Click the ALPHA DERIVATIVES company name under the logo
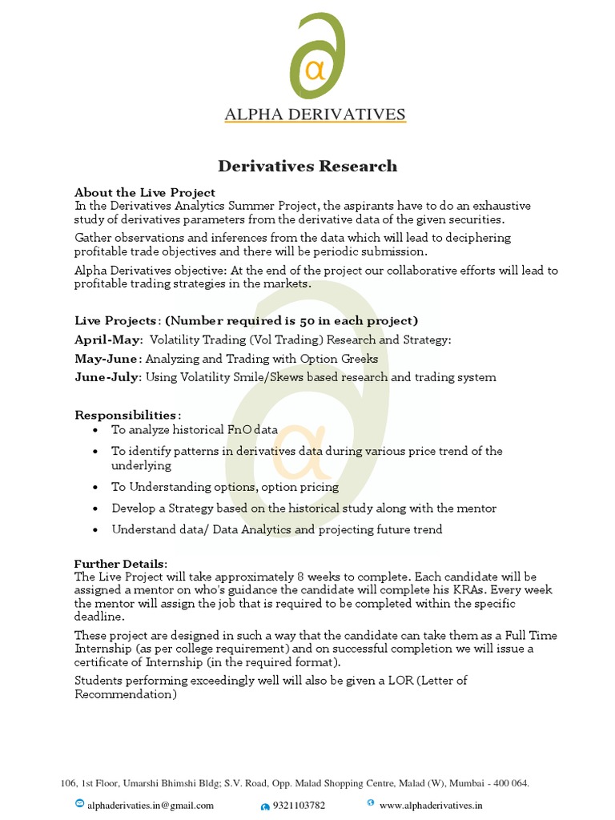[315, 114]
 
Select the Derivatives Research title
[307, 167]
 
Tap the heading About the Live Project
[145, 192]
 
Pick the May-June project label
[107, 359]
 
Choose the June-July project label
[108, 377]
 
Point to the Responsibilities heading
[127, 415]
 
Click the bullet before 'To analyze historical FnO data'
[96, 430]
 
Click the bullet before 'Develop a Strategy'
[96, 508]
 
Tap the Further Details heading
[121, 564]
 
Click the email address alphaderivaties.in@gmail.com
[151, 806]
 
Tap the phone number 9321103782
[299, 806]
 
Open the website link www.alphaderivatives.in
[431, 806]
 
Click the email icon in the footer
[79, 804]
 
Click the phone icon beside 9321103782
[264, 806]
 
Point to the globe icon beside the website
[370, 803]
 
